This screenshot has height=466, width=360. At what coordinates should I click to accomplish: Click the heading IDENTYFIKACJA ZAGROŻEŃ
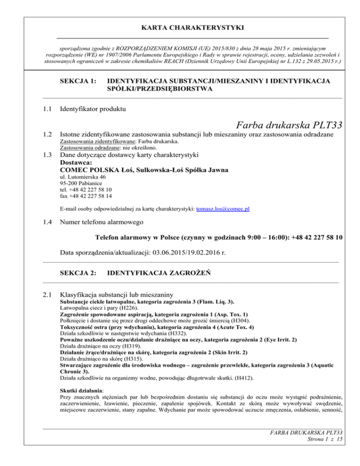(x=157, y=272)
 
